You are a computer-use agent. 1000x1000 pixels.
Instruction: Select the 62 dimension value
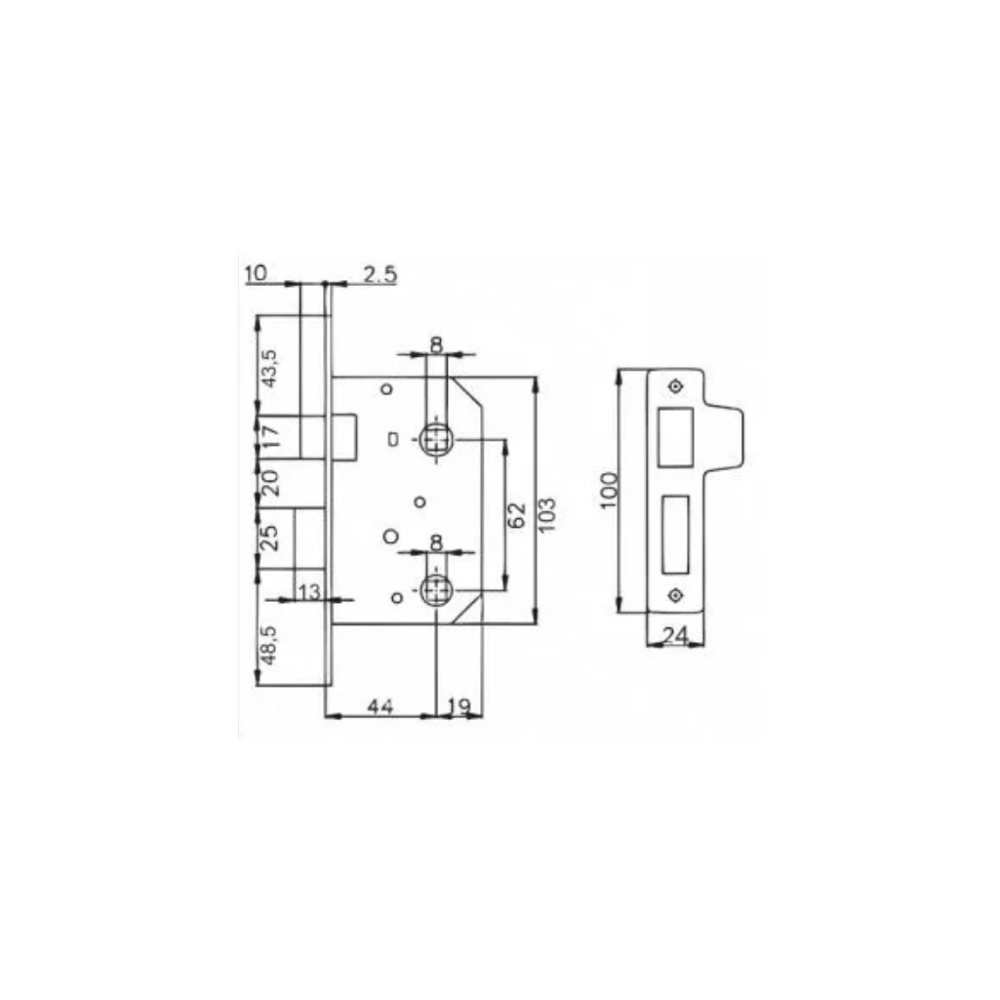tap(517, 515)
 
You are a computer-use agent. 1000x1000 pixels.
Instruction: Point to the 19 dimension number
tap(458, 704)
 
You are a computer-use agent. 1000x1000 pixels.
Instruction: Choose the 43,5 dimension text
tap(270, 367)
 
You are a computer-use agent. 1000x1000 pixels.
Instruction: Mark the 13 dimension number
tap(308, 590)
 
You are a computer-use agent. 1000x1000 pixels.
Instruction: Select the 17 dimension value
tap(270, 435)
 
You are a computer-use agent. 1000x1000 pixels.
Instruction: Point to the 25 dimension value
tap(270, 537)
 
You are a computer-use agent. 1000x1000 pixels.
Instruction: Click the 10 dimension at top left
tap(256, 273)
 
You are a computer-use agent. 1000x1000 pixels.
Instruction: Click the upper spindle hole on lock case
tap(435, 440)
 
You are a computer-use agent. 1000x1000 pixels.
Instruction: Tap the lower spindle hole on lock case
tap(435, 588)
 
